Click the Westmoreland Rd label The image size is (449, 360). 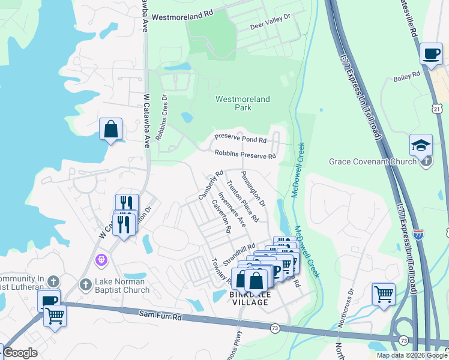point(182,18)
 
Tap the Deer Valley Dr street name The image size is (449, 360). point(270,22)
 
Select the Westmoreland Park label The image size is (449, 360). point(243,103)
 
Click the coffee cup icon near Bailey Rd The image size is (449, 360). point(430,53)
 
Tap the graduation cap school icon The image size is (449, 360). point(421,145)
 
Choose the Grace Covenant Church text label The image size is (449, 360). point(373,161)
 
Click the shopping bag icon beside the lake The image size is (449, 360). point(111,128)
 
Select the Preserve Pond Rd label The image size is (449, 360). point(240,140)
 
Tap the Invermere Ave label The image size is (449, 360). point(232,209)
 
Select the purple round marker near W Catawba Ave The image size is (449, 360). point(101,259)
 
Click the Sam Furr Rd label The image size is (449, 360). point(160,313)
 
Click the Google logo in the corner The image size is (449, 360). point(20,353)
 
